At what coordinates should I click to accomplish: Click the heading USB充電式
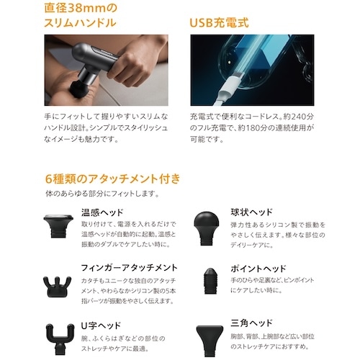(x=219, y=23)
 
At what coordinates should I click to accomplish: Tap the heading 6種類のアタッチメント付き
(x=112, y=179)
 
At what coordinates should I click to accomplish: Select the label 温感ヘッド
(x=102, y=212)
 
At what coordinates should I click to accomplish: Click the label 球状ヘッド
(x=252, y=212)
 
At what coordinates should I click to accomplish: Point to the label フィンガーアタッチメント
(x=129, y=268)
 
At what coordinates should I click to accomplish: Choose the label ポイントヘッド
(x=258, y=269)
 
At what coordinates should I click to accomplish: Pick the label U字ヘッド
(x=101, y=325)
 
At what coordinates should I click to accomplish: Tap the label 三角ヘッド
(x=252, y=323)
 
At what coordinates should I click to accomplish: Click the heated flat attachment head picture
(x=58, y=225)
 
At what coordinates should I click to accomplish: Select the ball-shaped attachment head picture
(x=206, y=228)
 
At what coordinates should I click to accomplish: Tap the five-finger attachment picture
(x=57, y=287)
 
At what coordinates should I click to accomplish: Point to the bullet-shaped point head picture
(x=210, y=281)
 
